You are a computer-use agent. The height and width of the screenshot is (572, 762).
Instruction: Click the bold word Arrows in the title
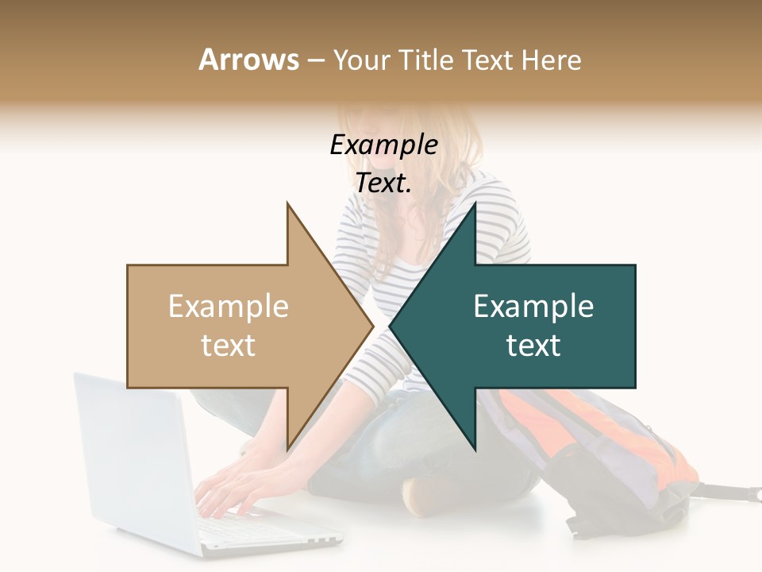coord(248,60)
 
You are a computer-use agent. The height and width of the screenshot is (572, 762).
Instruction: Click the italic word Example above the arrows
coord(383,145)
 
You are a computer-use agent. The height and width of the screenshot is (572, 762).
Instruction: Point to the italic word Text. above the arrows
coord(383,184)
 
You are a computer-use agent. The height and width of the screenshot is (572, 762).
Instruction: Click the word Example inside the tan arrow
coord(229,307)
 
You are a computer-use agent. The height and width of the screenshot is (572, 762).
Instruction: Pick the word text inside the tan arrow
coord(229,345)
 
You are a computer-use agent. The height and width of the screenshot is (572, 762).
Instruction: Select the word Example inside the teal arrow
coord(533,307)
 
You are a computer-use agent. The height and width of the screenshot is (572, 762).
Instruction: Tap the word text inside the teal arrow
coord(533,345)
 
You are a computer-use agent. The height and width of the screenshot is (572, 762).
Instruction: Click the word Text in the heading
coord(487,60)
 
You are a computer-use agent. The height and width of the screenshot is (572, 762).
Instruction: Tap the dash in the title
coord(315,60)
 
